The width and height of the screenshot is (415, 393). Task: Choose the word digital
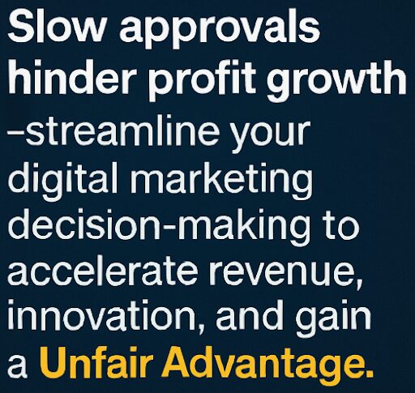tap(63, 181)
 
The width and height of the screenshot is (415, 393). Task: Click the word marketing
tap(221, 181)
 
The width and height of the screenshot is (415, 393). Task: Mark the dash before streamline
tap(16, 134)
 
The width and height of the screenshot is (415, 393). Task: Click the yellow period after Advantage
tap(367, 374)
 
